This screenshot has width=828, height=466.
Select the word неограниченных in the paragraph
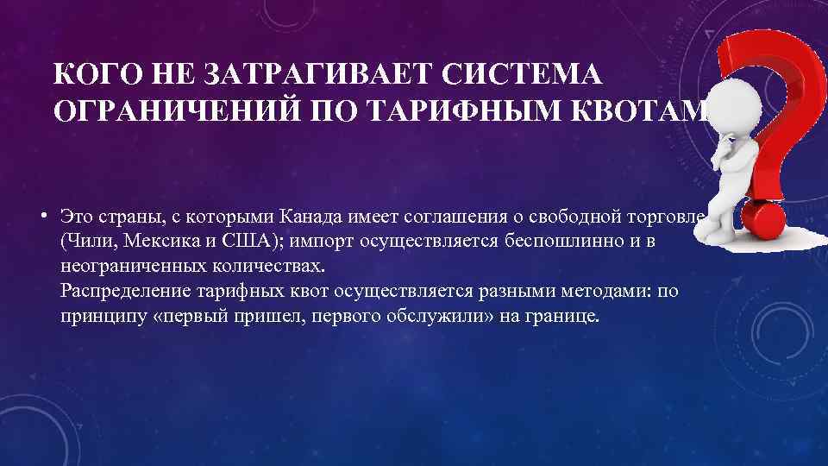point(126,266)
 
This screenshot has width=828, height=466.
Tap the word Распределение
point(118,291)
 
